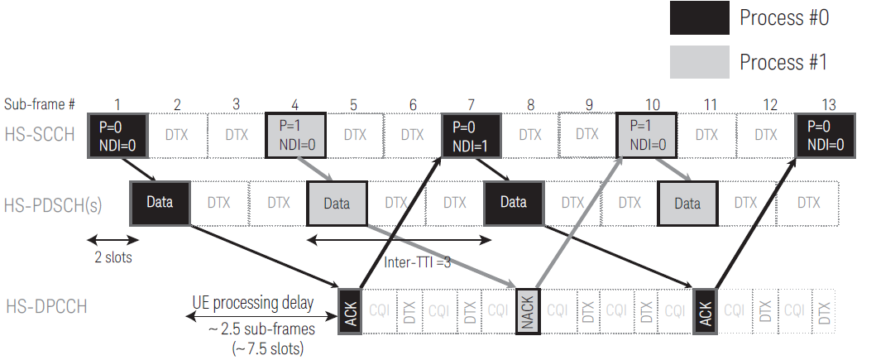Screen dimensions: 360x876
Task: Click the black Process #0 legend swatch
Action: [x=700, y=18]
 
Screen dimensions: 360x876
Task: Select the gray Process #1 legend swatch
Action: [x=700, y=61]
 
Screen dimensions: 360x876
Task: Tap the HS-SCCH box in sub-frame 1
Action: [x=117, y=136]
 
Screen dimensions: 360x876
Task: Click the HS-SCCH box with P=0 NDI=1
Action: [x=472, y=136]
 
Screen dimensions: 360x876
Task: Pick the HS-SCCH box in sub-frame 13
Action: [x=824, y=136]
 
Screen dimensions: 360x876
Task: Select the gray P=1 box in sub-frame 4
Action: [x=295, y=136]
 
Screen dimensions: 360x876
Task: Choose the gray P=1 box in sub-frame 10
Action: [x=647, y=136]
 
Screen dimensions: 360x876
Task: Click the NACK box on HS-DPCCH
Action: [x=526, y=311]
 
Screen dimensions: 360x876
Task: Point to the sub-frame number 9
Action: [x=588, y=105]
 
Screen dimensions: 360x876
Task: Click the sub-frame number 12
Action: [x=770, y=105]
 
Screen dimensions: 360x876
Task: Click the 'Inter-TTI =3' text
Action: [x=419, y=262]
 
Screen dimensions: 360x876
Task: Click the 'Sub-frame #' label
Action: [x=40, y=105]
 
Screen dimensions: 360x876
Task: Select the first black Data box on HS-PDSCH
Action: [x=160, y=202]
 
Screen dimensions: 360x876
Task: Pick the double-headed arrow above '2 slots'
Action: [x=112, y=240]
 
